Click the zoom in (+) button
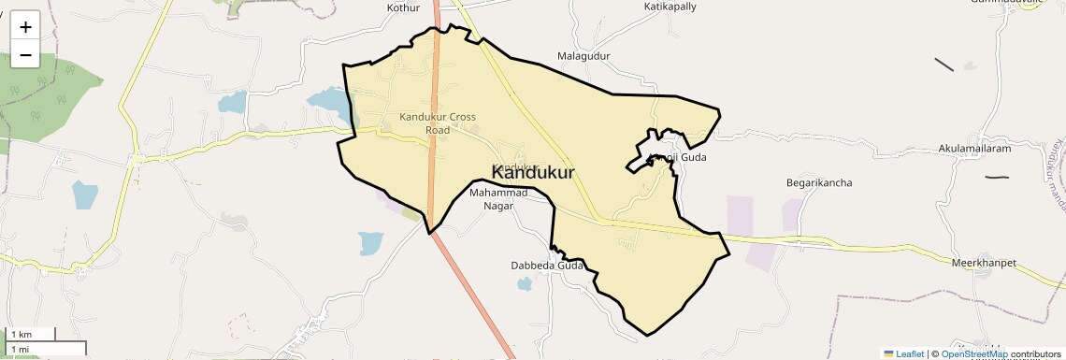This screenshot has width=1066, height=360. (x=25, y=26)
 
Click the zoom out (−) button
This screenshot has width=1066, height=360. (x=25, y=54)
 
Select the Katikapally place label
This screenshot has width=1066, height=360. (x=670, y=7)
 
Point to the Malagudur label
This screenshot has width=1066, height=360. (x=583, y=56)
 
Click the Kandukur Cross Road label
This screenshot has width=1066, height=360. (x=438, y=123)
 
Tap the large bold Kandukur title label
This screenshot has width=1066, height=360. (x=533, y=173)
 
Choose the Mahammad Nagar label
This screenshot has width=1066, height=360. (x=498, y=199)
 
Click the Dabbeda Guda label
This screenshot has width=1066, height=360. (x=547, y=266)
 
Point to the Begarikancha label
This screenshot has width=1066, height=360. (x=819, y=183)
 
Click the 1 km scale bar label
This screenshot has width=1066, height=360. (x=22, y=334)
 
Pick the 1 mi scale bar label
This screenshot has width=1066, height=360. (x=21, y=349)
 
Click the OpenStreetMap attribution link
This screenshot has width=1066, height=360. (x=973, y=353)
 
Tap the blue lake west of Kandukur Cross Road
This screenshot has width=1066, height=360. (x=326, y=99)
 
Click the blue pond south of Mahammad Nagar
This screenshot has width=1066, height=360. (x=370, y=243)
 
